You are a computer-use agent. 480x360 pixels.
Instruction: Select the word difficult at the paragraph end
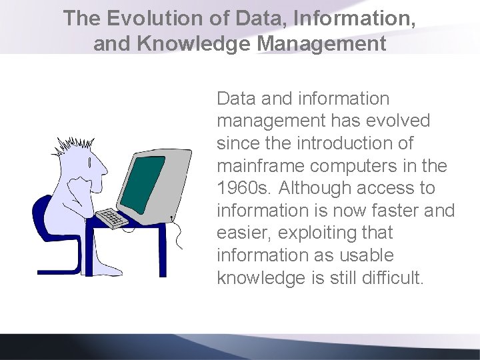coord(393,278)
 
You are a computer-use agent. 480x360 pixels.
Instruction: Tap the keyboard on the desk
coord(110,218)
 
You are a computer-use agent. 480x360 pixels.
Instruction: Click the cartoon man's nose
coord(105,171)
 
